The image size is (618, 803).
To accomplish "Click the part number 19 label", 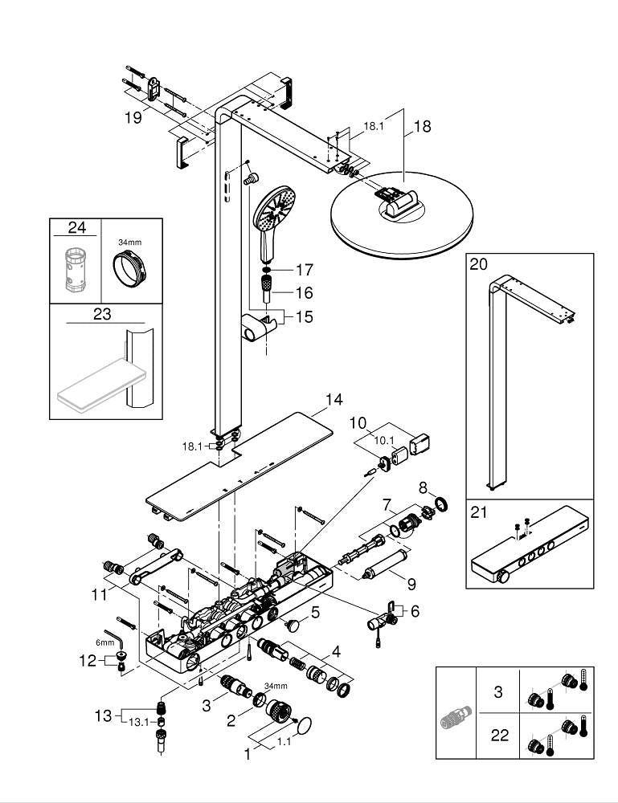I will (x=133, y=117).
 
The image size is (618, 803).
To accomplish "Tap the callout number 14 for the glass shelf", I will (x=334, y=399).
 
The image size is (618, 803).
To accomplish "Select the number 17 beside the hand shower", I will (x=304, y=271).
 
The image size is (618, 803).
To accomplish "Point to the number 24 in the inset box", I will (x=76, y=227).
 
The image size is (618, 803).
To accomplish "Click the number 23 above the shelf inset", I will (x=101, y=314).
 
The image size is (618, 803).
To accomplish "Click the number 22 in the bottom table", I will (x=499, y=736).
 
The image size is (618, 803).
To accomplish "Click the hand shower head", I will (x=275, y=208).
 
